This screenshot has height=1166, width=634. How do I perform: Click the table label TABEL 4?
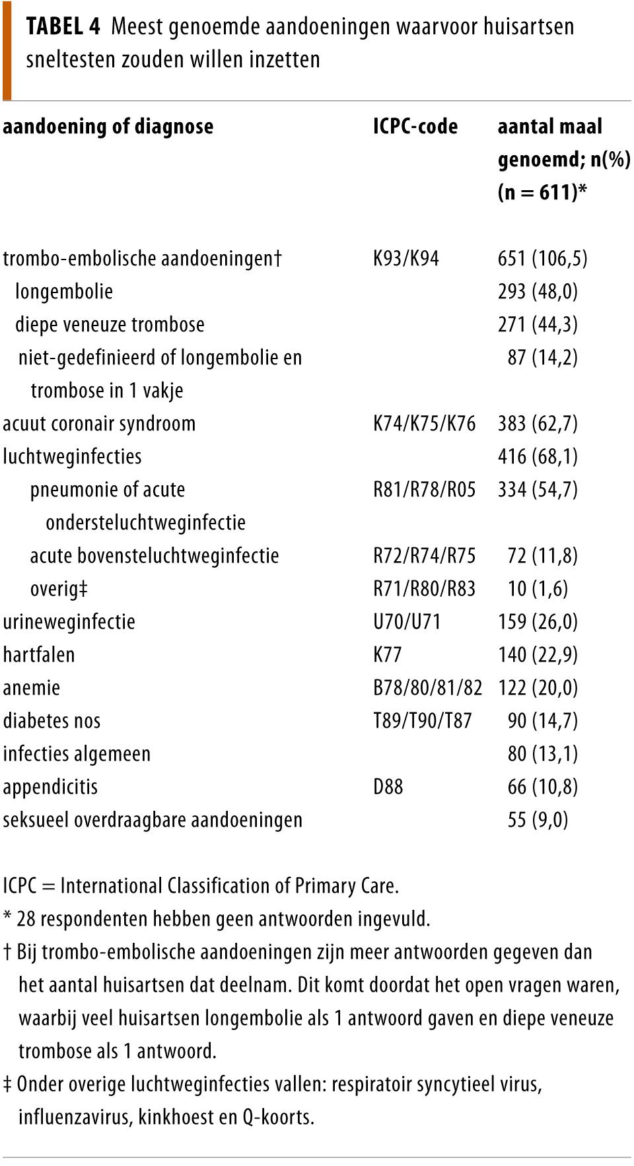click(x=63, y=26)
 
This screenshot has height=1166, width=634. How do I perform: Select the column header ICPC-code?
click(x=415, y=126)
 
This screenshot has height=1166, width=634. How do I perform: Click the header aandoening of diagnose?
click(x=108, y=126)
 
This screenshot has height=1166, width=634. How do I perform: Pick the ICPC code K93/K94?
click(x=405, y=258)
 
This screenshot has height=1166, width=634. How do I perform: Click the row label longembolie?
click(x=64, y=291)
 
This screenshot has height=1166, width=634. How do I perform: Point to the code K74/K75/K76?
click(x=424, y=423)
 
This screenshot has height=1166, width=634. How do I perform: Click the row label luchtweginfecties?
click(x=72, y=456)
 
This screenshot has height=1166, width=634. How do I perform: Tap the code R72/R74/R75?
click(x=424, y=555)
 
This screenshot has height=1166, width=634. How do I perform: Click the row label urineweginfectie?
click(x=69, y=621)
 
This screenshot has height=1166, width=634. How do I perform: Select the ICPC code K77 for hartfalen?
click(x=387, y=654)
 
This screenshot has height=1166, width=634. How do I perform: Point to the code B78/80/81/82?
click(x=427, y=687)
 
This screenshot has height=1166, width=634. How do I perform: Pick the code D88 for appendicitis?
click(x=388, y=786)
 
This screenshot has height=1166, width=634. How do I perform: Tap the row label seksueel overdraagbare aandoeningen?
click(x=153, y=819)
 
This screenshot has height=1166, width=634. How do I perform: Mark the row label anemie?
click(x=31, y=687)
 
